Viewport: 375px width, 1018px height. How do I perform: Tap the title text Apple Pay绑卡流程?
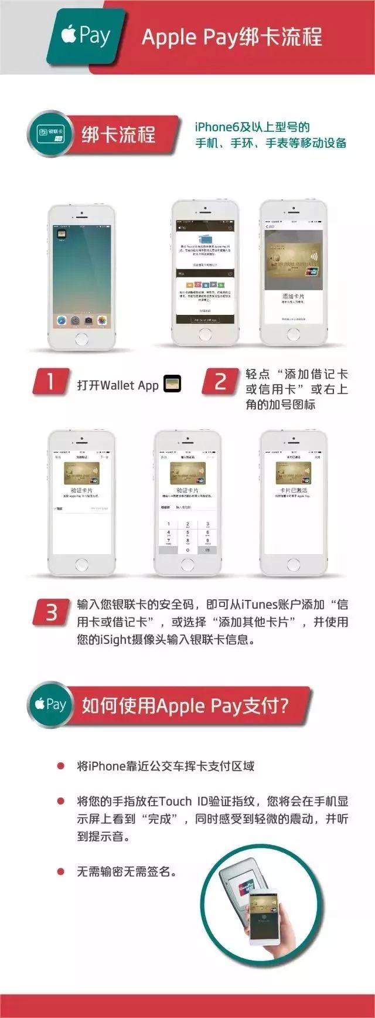(x=232, y=37)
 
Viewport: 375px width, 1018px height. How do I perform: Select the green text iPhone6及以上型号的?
(x=253, y=127)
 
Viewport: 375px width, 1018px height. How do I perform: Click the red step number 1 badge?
(x=51, y=382)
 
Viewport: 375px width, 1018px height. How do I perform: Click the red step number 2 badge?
(x=220, y=382)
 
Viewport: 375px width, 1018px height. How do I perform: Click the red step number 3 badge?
(x=51, y=612)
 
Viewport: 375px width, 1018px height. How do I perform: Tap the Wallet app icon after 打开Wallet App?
(x=172, y=384)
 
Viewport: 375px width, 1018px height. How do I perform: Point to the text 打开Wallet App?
(x=118, y=385)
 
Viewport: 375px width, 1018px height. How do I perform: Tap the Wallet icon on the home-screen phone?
(x=61, y=233)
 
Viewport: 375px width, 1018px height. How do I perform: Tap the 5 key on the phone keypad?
(x=187, y=532)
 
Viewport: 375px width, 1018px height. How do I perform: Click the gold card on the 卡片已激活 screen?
(x=293, y=473)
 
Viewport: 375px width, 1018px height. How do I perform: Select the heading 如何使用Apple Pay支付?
(x=185, y=705)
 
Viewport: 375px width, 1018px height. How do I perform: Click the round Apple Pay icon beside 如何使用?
(x=51, y=704)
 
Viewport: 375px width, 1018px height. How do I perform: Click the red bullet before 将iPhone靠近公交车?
(x=60, y=766)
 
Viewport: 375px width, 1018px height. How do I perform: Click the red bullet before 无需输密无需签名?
(x=60, y=872)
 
